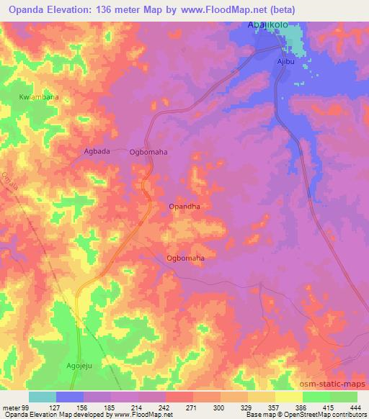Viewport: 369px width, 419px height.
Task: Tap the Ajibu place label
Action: (x=288, y=63)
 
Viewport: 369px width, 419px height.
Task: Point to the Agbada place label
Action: (x=97, y=151)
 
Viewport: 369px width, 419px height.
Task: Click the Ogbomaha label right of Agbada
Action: (x=148, y=152)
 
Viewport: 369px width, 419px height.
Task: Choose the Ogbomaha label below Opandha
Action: (x=185, y=258)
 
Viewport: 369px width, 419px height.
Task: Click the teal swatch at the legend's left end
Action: (x=42, y=397)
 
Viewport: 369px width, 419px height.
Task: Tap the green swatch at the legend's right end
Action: (x=343, y=397)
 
